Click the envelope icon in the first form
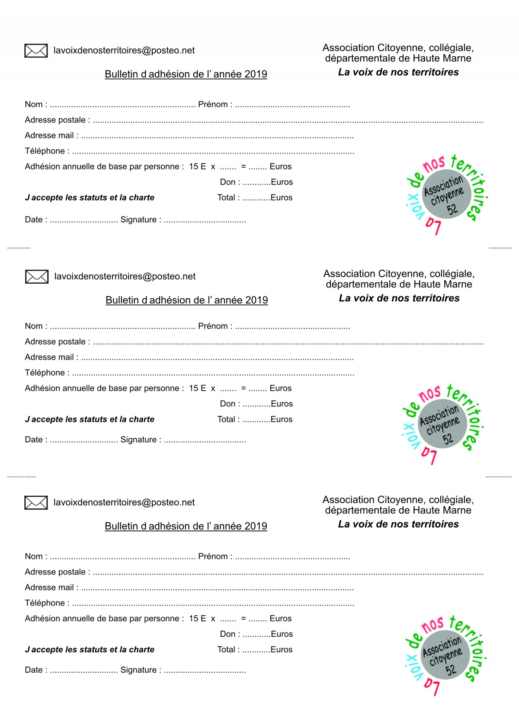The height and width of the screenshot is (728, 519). click(36, 51)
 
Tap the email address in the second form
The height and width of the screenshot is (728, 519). click(125, 277)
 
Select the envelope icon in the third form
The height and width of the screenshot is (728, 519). click(36, 502)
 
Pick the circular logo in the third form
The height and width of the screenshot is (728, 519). click(445, 655)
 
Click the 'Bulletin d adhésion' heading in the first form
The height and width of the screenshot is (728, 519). click(186, 74)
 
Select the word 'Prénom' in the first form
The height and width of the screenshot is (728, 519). click(213, 105)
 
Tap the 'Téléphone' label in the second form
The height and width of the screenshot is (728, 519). click(45, 373)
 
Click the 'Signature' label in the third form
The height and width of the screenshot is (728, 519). click(138, 670)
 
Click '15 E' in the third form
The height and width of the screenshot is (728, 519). click(197, 619)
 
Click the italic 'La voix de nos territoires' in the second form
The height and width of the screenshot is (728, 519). click(399, 298)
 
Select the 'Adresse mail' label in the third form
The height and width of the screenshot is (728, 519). click(49, 588)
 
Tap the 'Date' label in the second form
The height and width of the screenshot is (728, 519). click(34, 440)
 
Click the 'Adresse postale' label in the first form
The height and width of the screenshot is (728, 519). click(55, 120)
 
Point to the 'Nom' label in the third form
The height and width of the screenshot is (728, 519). click(34, 556)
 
